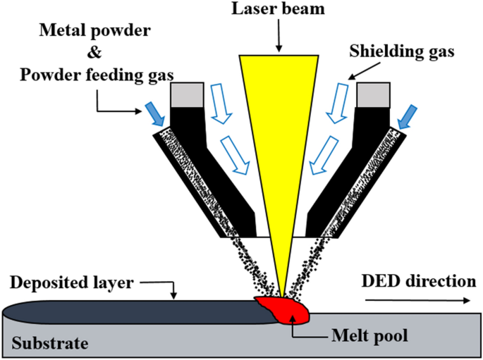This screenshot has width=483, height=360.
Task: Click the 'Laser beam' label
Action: (x=280, y=11)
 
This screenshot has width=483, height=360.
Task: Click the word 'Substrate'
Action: (x=50, y=344)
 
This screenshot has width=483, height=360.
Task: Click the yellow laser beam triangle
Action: (x=280, y=141)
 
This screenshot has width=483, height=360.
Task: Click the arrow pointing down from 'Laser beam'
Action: (x=280, y=37)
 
